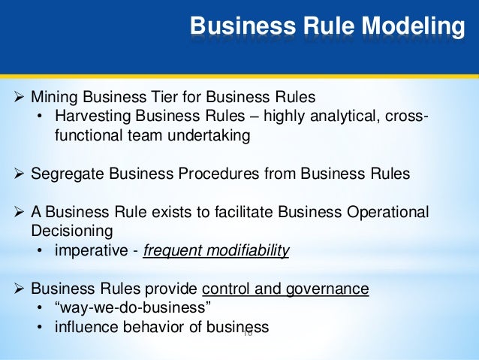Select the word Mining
(x=53, y=97)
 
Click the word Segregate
(x=65, y=174)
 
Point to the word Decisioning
(x=67, y=231)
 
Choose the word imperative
(x=86, y=251)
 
